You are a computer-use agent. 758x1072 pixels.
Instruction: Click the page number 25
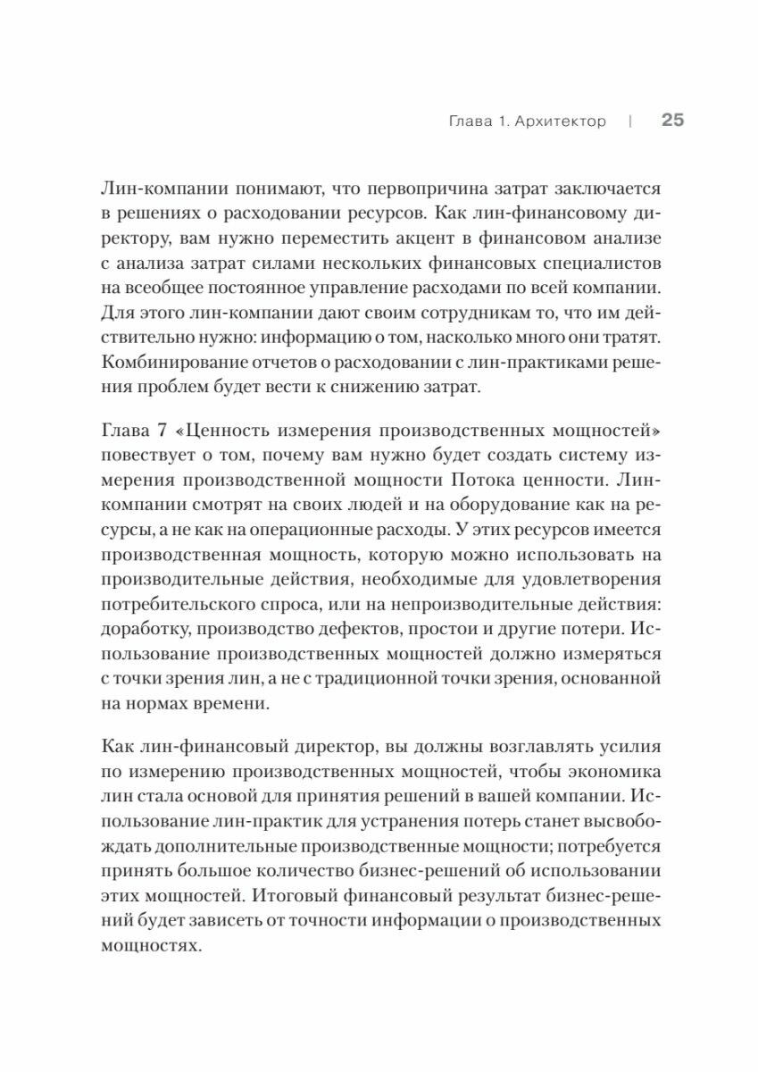pyautogui.click(x=672, y=121)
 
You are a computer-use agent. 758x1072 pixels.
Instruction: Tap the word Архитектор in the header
pyautogui.click(x=561, y=121)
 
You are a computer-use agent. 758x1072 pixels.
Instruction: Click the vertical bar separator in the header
pyautogui.click(x=630, y=121)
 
